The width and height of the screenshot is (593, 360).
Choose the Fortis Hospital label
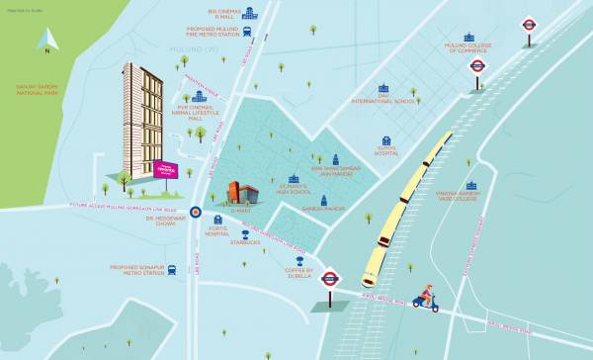pos(217,231)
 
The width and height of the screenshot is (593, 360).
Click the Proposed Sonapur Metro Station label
pos(138,269)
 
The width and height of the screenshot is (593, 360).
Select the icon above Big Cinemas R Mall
pos(249,13)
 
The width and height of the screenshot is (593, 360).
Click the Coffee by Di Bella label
pos(299,272)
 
